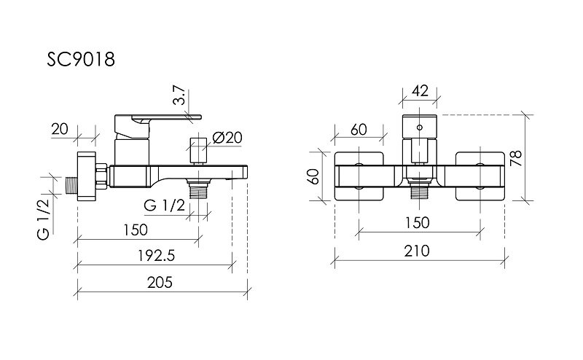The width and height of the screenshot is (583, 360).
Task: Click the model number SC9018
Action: [81, 60]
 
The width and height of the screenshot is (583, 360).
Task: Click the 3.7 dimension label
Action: [179, 95]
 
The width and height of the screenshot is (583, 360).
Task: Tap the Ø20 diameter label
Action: [227, 138]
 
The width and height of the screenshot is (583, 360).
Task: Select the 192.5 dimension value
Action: [156, 256]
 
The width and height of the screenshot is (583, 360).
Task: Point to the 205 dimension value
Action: [160, 283]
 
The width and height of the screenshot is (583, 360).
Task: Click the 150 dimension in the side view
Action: [136, 230]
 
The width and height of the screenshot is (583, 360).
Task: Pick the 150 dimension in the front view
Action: [417, 223]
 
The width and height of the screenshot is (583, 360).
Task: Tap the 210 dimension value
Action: [417, 251]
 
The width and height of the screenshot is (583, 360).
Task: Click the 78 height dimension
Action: [516, 158]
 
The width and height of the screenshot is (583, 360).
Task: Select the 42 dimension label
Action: [420, 91]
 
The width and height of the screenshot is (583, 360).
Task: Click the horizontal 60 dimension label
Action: [359, 130]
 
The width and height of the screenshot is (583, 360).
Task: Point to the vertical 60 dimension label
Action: [314, 176]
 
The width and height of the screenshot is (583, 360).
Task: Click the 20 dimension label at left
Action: [60, 129]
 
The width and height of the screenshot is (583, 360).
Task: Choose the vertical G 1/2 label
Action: [43, 219]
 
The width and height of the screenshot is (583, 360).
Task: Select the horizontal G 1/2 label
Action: [165, 206]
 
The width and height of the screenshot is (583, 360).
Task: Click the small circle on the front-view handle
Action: [420, 128]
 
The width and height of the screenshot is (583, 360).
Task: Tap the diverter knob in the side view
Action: [198, 151]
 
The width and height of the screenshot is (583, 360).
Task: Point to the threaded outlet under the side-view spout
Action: [198, 188]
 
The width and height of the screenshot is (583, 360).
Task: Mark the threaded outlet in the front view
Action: [420, 189]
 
